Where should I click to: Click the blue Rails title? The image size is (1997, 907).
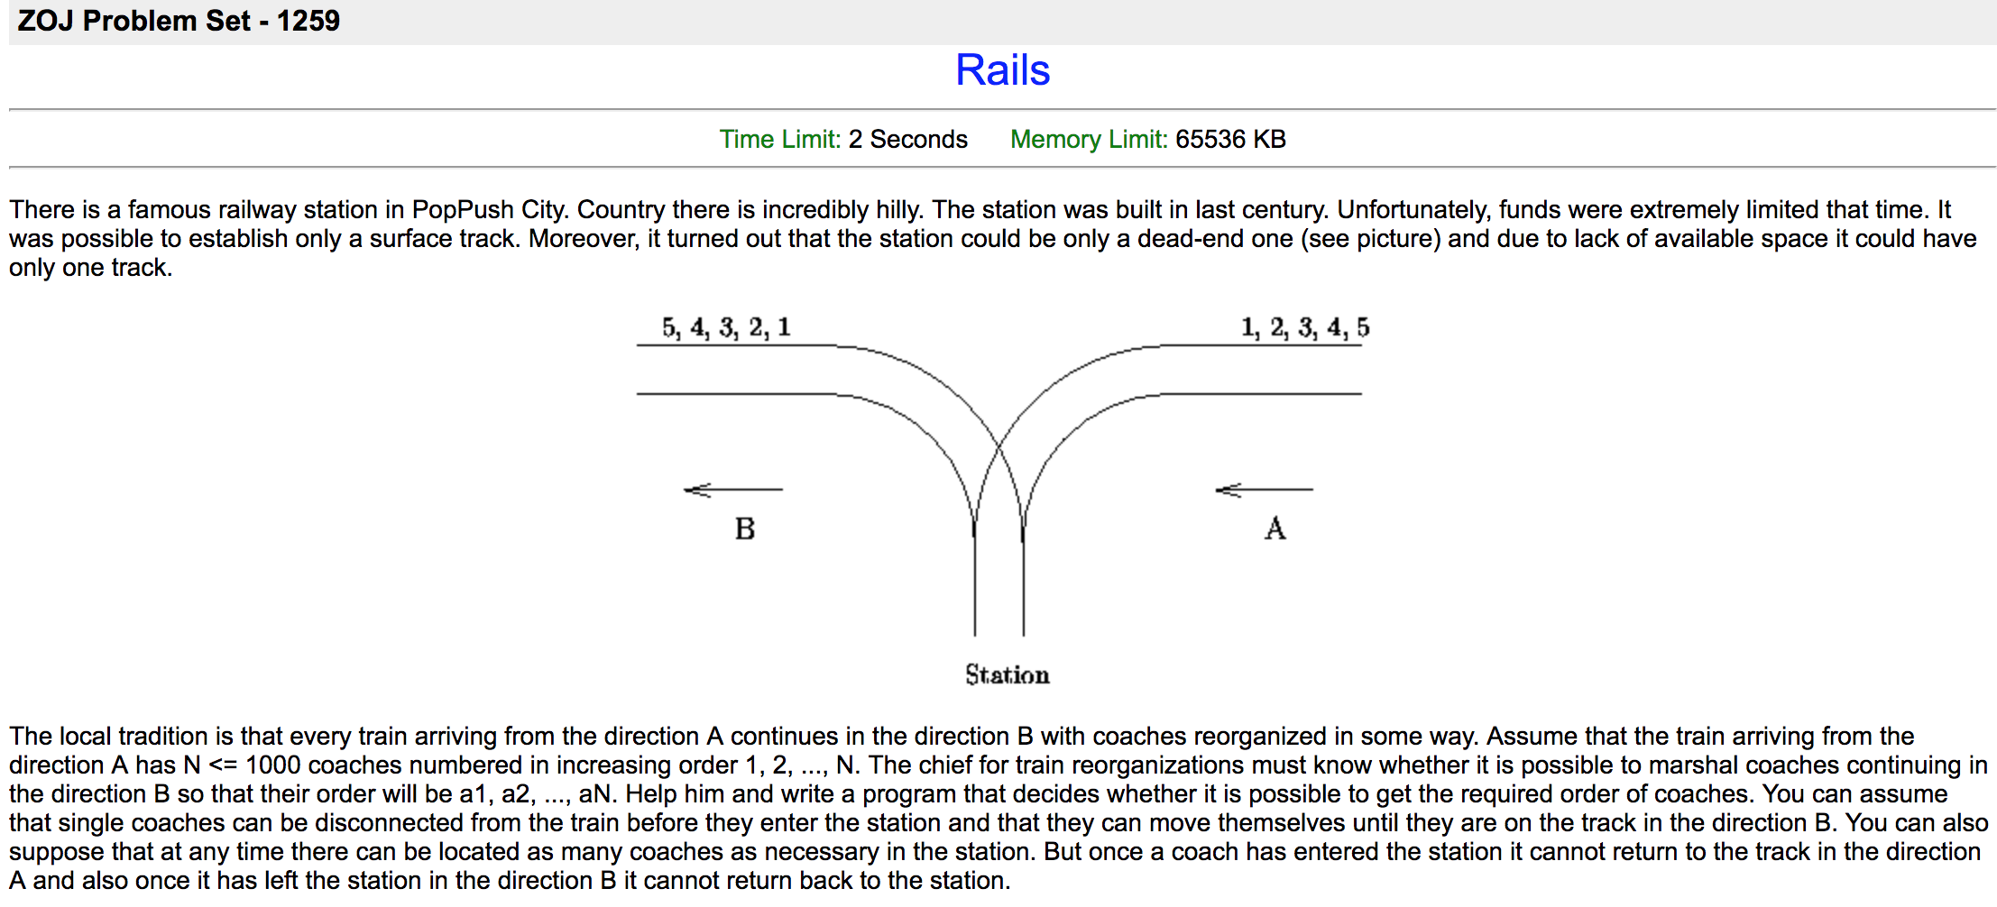click(x=1002, y=70)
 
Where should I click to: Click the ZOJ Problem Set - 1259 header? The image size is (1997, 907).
click(x=179, y=21)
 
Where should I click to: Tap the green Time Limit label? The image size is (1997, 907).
click(x=779, y=139)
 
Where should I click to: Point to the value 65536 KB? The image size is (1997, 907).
click(x=1230, y=139)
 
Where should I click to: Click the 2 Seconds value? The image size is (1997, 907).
click(x=907, y=139)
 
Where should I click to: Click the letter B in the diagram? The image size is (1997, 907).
click(x=744, y=528)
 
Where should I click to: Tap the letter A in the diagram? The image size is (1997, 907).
click(x=1275, y=528)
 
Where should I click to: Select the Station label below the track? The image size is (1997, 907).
click(x=1007, y=674)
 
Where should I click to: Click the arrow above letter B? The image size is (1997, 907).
click(x=732, y=490)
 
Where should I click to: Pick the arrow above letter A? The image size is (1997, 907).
click(x=1264, y=490)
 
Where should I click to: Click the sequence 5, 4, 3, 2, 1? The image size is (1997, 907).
click(x=726, y=327)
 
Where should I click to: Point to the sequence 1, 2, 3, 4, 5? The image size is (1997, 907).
click(x=1304, y=327)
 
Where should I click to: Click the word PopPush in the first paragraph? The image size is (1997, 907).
click(x=462, y=210)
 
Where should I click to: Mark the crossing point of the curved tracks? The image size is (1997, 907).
click(x=998, y=445)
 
